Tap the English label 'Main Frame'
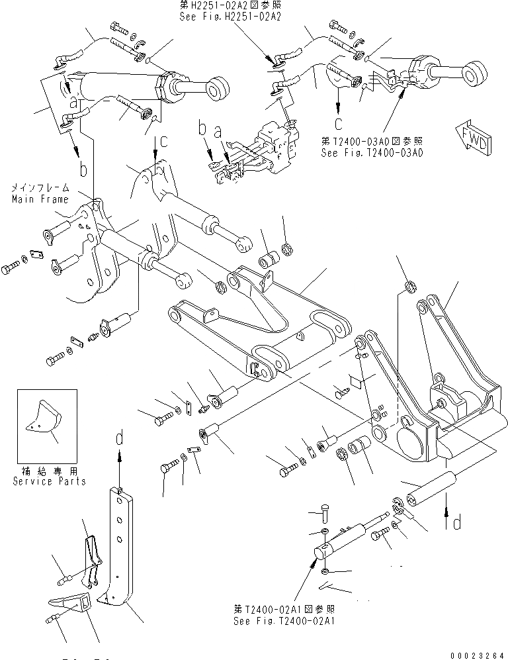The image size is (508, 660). (x=40, y=199)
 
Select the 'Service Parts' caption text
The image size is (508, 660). (x=49, y=481)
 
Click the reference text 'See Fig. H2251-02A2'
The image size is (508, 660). (x=231, y=17)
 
